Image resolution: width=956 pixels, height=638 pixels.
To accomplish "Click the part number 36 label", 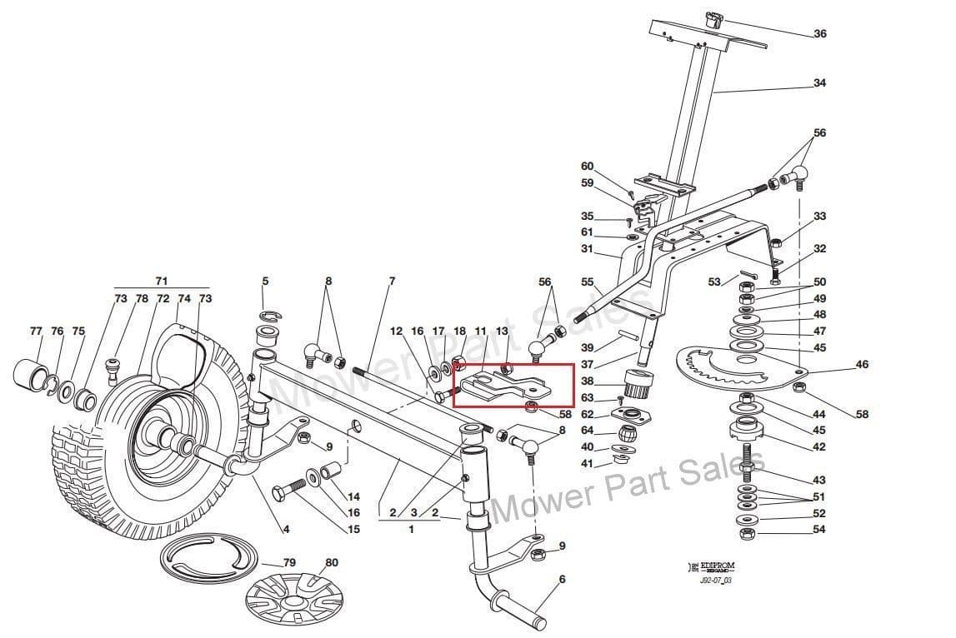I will [819, 34].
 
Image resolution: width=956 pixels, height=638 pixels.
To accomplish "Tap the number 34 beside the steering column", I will [819, 83].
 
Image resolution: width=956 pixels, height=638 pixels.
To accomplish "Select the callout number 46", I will [862, 365].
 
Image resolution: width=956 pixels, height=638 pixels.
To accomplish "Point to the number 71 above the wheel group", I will [162, 282].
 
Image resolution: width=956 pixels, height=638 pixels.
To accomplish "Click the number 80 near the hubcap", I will [332, 562].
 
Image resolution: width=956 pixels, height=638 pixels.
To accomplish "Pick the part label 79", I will [289, 563].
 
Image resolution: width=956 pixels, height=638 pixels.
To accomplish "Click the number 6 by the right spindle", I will [562, 580].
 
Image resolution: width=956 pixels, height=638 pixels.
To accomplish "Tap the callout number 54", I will [819, 530].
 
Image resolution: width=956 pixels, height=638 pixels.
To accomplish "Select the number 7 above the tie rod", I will [392, 282].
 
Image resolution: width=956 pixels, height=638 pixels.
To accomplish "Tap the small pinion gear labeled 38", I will [638, 386].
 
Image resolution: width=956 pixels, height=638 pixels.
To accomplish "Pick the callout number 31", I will [587, 249].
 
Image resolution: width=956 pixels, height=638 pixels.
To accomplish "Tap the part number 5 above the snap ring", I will [265, 282].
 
